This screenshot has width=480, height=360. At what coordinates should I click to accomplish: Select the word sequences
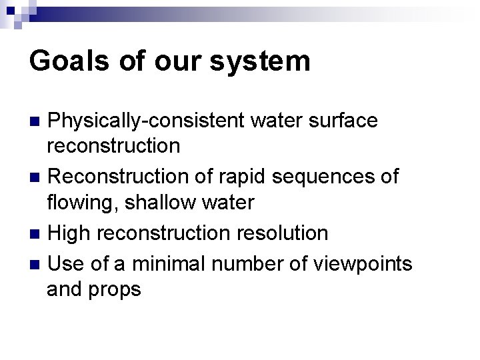tap(328, 177)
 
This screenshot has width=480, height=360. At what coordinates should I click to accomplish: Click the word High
tap(70, 233)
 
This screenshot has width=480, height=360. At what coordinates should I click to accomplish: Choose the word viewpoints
tap(369, 265)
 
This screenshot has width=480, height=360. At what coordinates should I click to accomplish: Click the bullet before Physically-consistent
tap(37, 122)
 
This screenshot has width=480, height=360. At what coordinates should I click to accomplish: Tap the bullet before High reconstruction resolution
tap(37, 234)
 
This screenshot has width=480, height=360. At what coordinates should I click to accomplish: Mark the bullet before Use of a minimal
tap(37, 265)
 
